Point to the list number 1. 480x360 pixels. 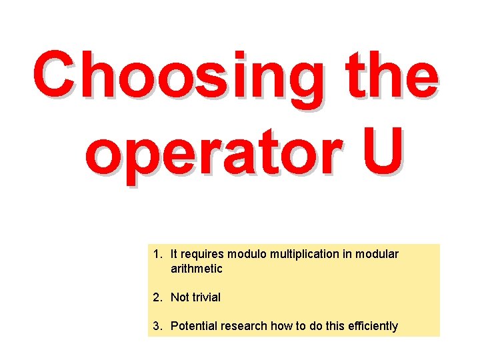click(156, 254)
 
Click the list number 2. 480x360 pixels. click(156, 297)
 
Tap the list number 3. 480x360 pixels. click(156, 326)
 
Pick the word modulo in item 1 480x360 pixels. click(246, 254)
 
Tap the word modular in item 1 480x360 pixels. click(377, 254)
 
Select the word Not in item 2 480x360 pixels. click(179, 297)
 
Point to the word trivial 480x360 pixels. click(206, 297)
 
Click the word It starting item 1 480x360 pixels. click(174, 254)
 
